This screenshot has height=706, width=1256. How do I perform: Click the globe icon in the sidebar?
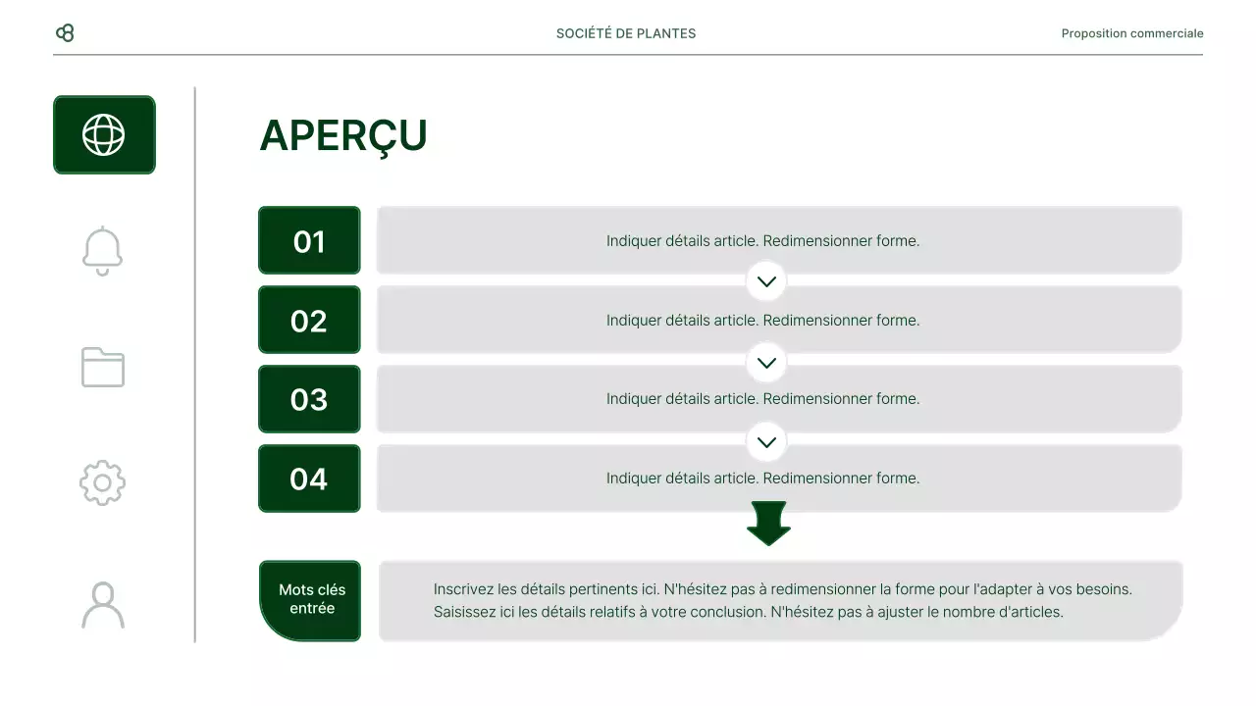(104, 135)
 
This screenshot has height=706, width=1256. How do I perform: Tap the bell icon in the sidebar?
(103, 251)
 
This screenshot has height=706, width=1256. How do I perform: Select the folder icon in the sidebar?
(103, 367)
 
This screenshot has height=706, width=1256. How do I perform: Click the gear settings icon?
(103, 482)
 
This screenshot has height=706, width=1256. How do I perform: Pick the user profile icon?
(103, 605)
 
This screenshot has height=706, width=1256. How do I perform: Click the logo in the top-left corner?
(65, 33)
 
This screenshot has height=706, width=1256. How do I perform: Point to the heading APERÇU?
(343, 136)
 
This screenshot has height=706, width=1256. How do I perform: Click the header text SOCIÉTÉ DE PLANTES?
(626, 33)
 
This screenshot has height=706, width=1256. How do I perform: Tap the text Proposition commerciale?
(1132, 33)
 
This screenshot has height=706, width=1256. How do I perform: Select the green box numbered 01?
(309, 240)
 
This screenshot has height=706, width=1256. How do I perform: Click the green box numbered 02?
(309, 320)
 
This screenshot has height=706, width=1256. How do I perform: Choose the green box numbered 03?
(309, 399)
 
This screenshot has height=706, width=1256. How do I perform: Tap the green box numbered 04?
(309, 479)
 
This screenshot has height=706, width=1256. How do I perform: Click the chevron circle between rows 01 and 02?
(766, 281)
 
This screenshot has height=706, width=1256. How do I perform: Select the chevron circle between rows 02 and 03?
(766, 363)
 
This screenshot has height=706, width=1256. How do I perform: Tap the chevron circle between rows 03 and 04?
(766, 442)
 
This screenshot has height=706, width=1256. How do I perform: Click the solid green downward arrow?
(768, 523)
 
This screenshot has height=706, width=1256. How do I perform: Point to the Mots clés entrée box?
(311, 600)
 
